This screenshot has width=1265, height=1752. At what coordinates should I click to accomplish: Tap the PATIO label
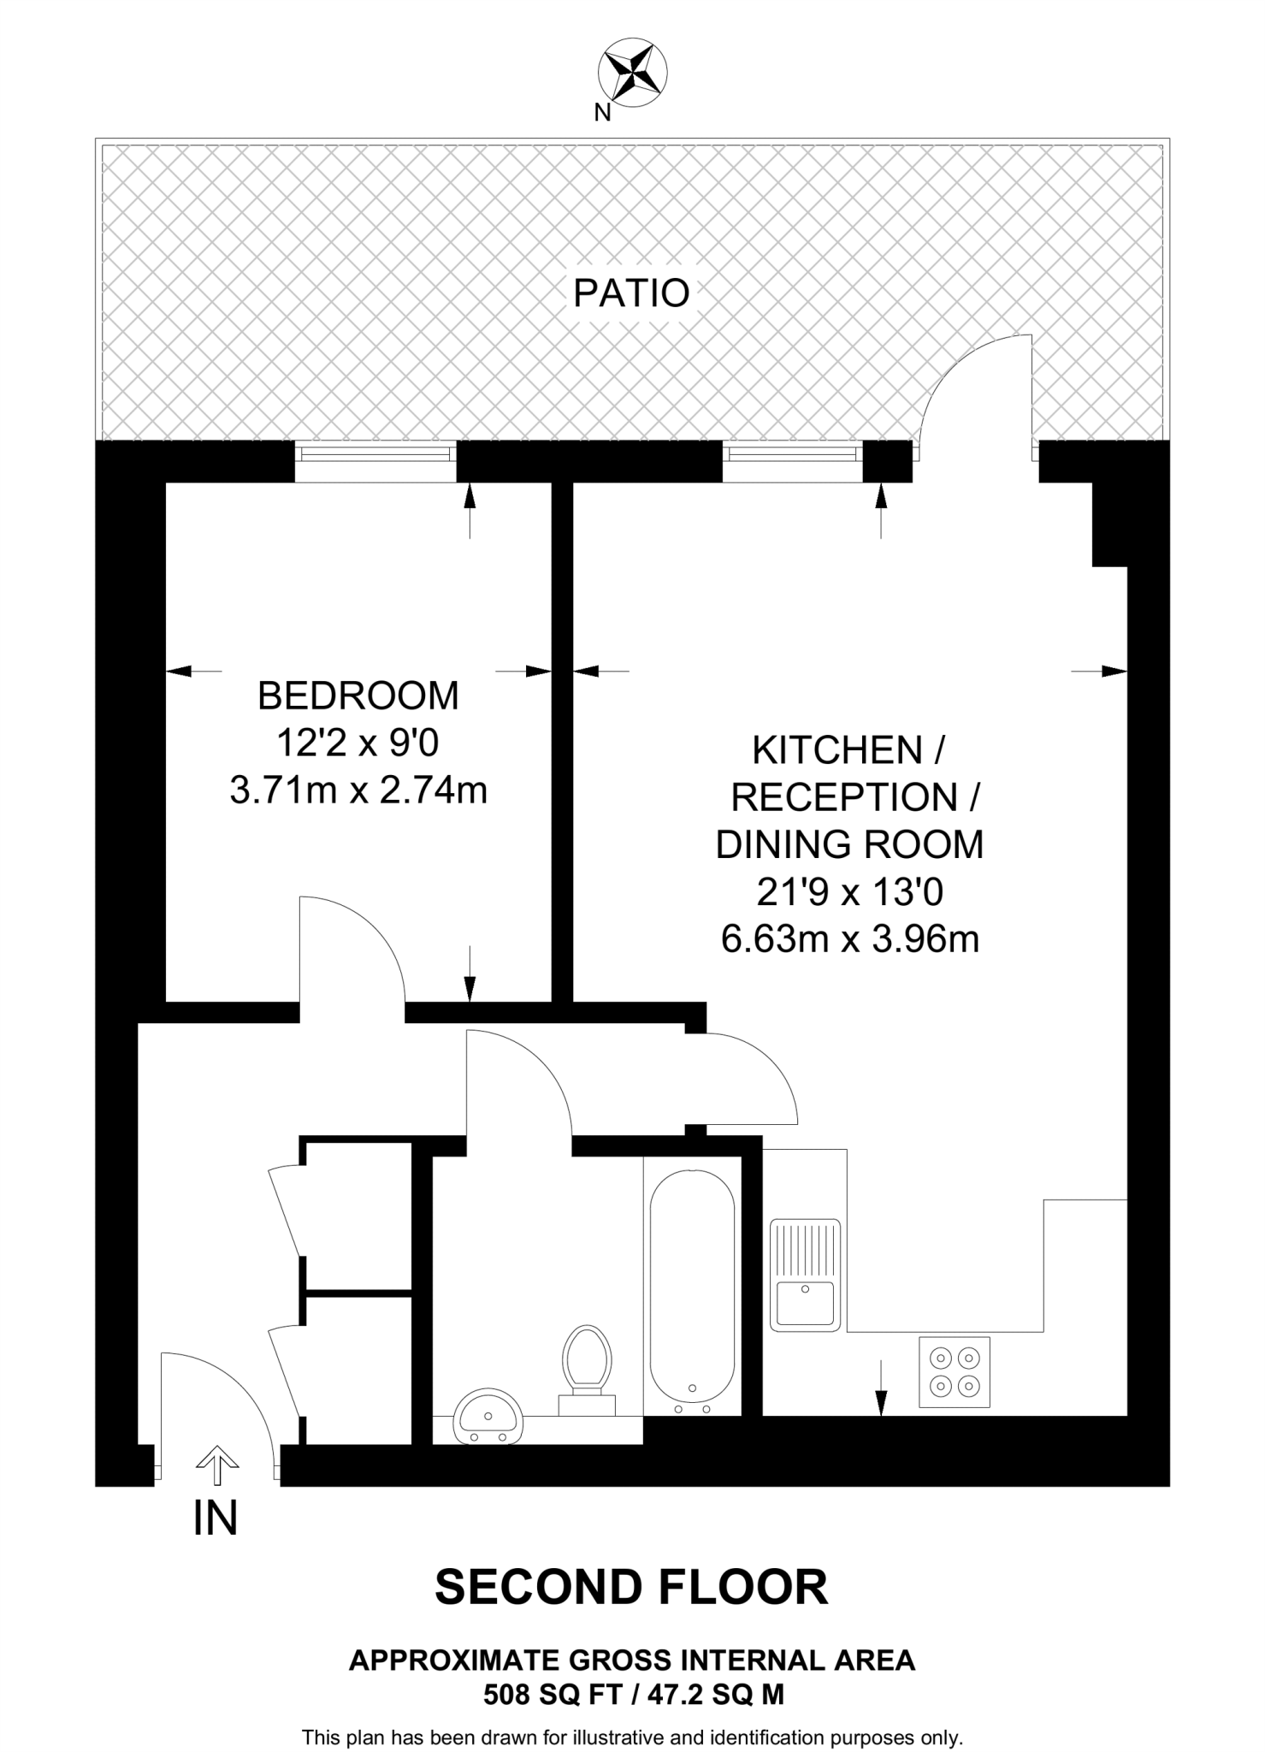pos(631,293)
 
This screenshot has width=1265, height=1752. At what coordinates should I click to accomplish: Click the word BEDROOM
pos(358,695)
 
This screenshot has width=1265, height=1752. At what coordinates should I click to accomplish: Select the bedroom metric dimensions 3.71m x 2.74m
pos(358,790)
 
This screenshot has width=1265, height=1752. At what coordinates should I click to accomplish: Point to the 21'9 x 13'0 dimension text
pos(849,893)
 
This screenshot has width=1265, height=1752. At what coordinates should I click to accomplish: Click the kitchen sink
pos(805,1276)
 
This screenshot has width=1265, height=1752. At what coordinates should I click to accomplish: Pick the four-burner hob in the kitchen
pos(955,1371)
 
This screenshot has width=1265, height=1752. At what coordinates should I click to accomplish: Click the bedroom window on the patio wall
pos(375,462)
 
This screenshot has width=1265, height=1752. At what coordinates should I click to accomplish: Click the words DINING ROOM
pos(849,845)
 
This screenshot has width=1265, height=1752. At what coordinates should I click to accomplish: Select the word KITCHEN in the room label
pos(836,750)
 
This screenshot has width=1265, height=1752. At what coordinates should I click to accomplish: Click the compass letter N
pos(602,113)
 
